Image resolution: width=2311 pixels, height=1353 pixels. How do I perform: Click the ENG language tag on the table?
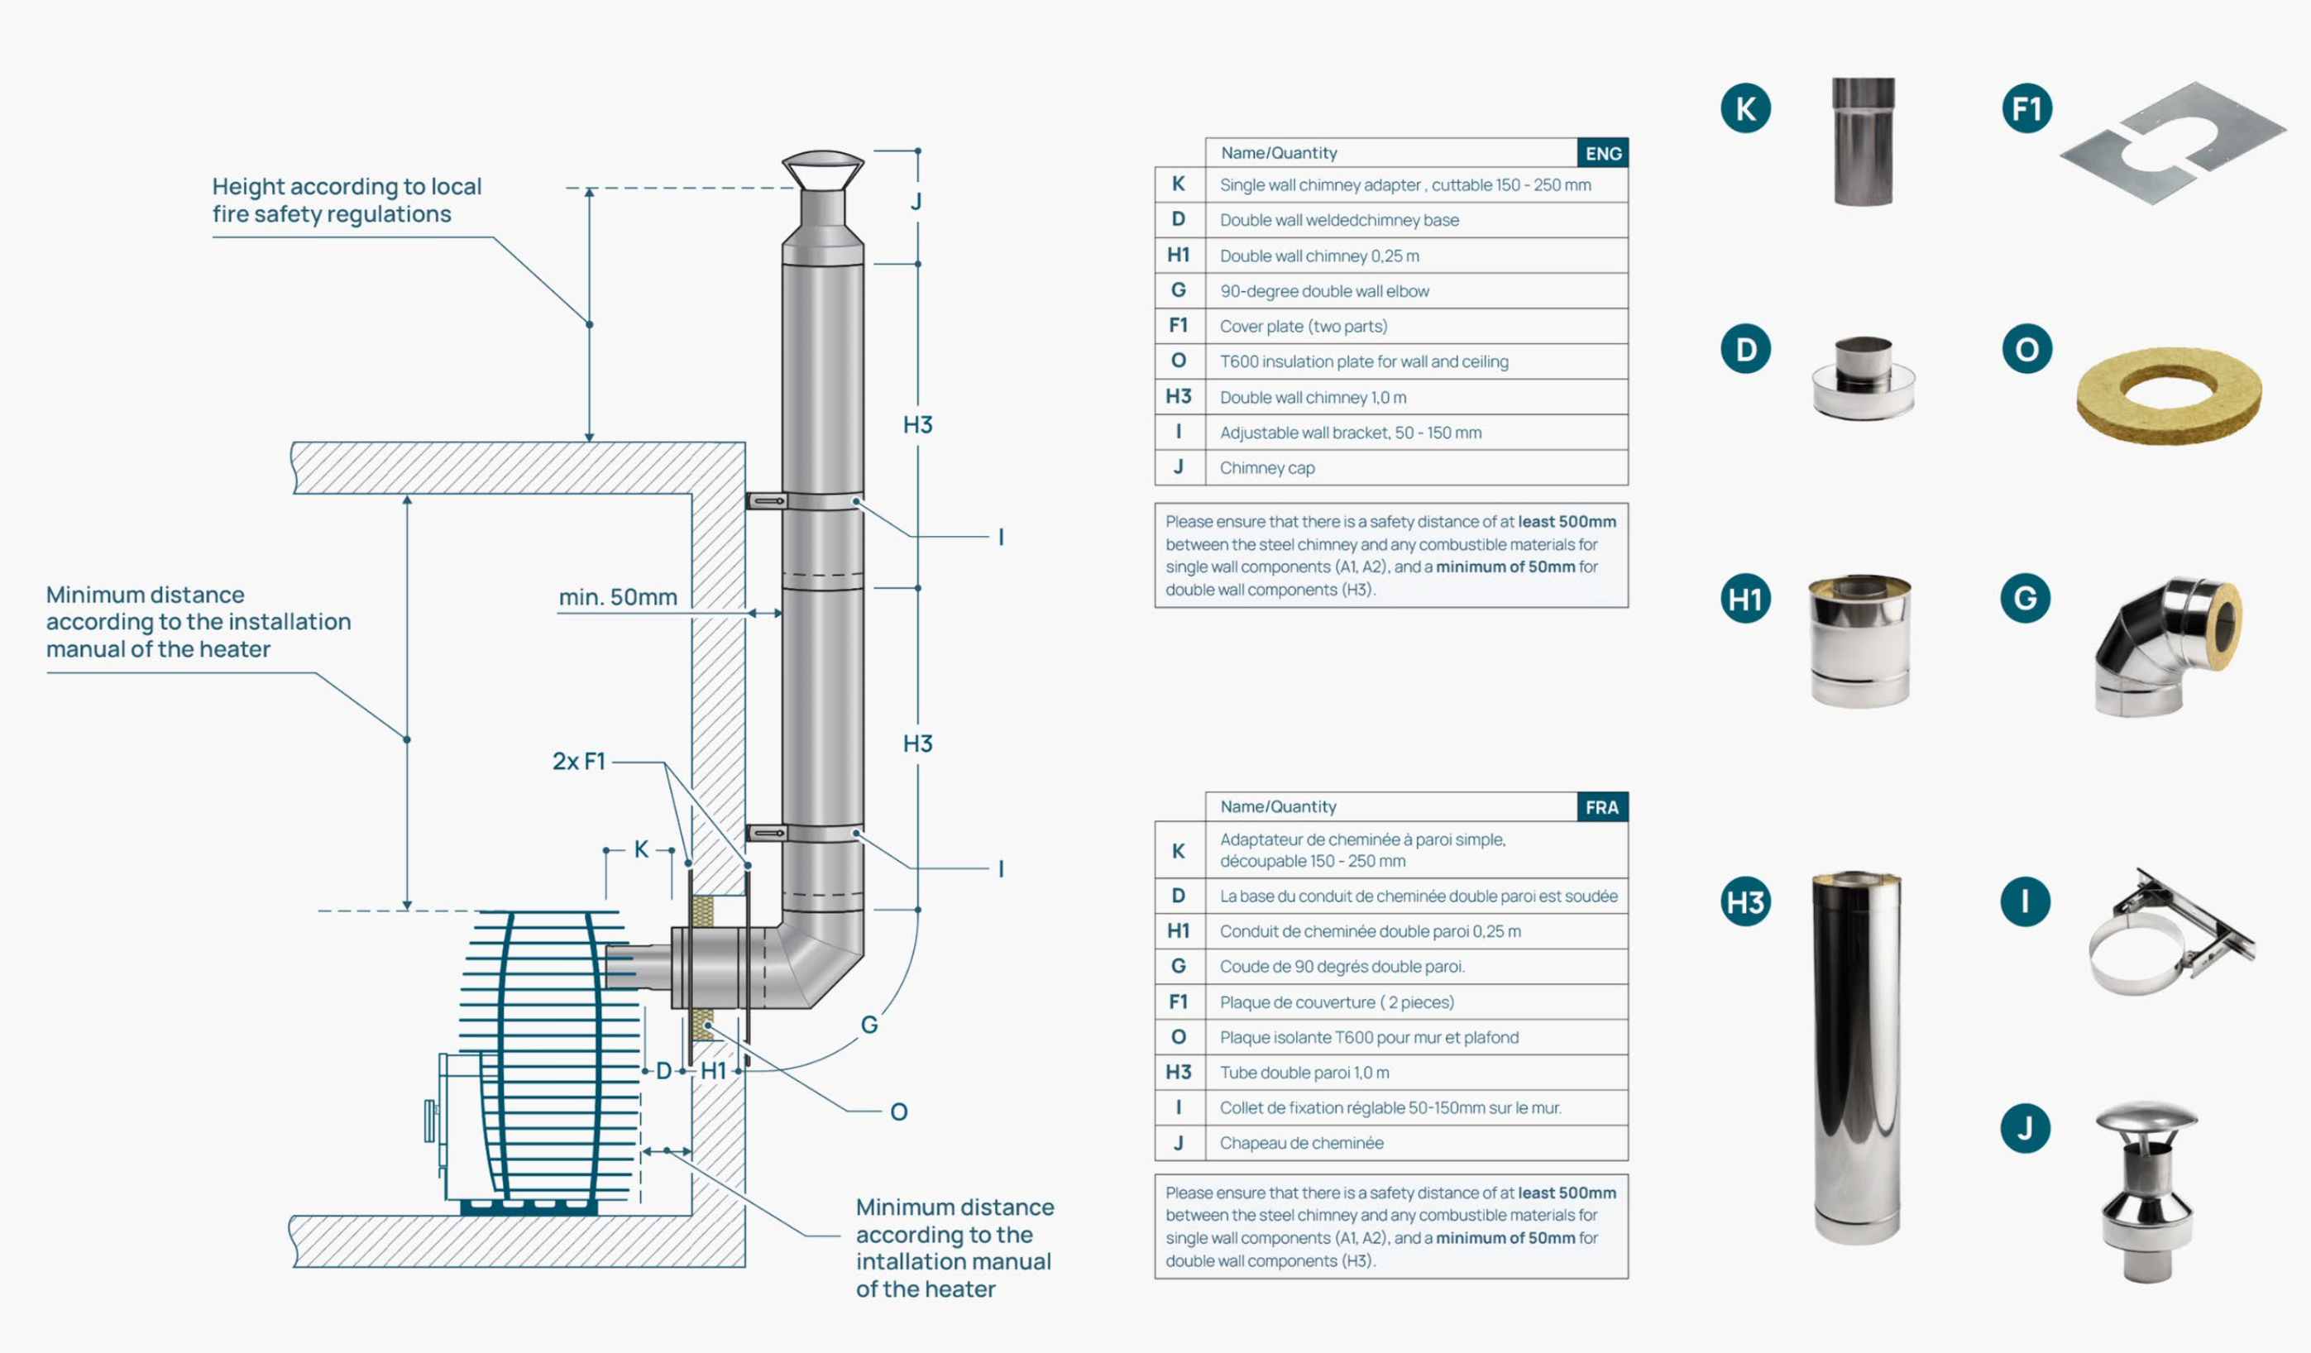pyautogui.click(x=1602, y=153)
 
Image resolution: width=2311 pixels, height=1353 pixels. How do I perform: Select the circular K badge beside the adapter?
pyautogui.click(x=1745, y=108)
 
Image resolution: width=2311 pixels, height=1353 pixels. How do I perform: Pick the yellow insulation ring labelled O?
pyautogui.click(x=2168, y=395)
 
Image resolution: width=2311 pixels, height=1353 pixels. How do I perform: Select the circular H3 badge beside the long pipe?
pyautogui.click(x=1745, y=902)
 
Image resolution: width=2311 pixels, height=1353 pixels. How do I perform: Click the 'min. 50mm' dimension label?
pyautogui.click(x=618, y=598)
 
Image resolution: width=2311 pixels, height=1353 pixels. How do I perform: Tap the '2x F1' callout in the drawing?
pyautogui.click(x=579, y=762)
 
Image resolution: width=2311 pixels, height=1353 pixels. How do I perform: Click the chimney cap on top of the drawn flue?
pyautogui.click(x=823, y=171)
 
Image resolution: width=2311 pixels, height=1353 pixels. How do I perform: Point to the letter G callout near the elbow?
pyautogui.click(x=869, y=1024)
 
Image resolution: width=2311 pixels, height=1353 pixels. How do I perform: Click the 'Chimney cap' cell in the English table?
pyautogui.click(x=1267, y=468)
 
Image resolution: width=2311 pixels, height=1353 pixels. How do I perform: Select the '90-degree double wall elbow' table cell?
pyautogui.click(x=1324, y=291)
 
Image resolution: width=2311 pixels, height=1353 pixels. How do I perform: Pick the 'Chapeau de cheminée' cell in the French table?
pyautogui.click(x=1301, y=1143)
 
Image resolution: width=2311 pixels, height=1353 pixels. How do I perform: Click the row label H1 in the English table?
pyautogui.click(x=1179, y=256)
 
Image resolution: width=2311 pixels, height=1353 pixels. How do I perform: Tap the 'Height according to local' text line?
pyautogui.click(x=347, y=187)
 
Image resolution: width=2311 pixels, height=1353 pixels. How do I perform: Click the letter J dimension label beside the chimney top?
pyautogui.click(x=916, y=202)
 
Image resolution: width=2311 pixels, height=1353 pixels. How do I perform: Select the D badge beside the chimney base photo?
pyautogui.click(x=1745, y=349)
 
